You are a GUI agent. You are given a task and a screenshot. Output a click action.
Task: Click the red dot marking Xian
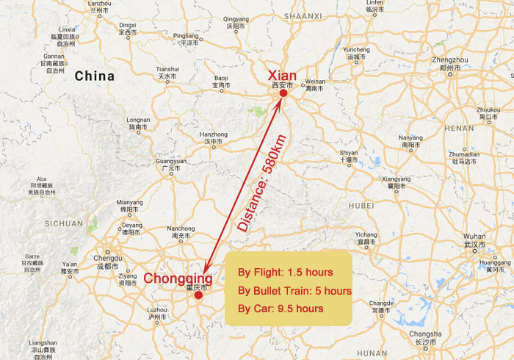coord(283,93)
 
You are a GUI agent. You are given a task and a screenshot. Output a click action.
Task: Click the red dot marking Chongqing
coord(198,297)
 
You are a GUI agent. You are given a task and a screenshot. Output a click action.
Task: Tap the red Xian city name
coord(283,76)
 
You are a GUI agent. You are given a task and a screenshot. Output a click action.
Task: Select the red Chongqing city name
coord(178,279)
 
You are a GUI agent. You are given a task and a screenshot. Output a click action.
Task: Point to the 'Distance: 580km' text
coord(264,187)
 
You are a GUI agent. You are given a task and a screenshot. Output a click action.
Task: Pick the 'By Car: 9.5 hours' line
coord(281,309)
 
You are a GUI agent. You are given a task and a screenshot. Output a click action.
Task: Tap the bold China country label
coord(94,76)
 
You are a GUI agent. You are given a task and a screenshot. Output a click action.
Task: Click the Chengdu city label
coord(108,257)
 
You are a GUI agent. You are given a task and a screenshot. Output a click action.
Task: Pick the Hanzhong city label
coord(214,134)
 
